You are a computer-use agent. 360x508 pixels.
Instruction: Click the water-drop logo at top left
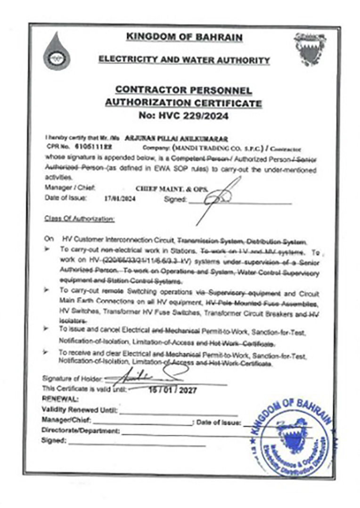pos(56,51)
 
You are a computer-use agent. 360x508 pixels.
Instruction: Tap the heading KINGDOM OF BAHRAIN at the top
pos(184,37)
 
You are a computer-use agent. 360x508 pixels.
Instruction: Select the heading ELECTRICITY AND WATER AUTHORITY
pos(184,60)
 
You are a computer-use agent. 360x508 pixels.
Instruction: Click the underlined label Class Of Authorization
pos(79,219)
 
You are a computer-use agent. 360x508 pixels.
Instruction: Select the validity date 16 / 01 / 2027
pos(172,390)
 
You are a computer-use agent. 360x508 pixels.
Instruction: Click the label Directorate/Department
pos(81,431)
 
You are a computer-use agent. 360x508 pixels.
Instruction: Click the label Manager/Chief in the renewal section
pos(66,420)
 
